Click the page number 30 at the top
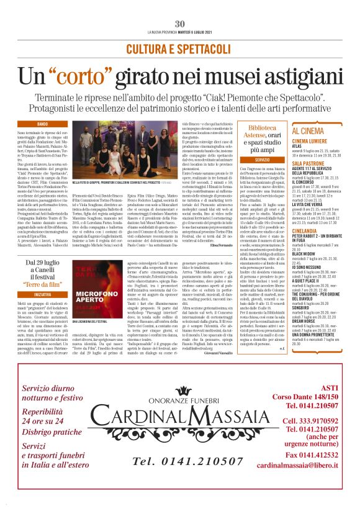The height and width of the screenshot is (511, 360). click(x=180, y=24)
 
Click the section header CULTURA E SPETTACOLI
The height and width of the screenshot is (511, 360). click(x=180, y=48)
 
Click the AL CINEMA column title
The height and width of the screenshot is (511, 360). click(x=307, y=131)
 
